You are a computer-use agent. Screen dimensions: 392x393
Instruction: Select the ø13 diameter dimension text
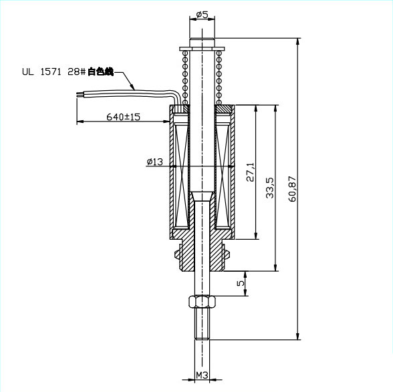[x=154, y=161]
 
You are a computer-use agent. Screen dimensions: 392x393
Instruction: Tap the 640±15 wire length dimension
[x=124, y=117]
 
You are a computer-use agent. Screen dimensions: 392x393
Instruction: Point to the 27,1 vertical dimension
[x=251, y=172]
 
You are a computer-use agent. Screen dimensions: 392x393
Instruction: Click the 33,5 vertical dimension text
[x=269, y=188]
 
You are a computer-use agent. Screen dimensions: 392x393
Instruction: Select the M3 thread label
[x=203, y=376]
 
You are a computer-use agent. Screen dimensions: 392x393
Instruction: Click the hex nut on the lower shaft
[x=201, y=301]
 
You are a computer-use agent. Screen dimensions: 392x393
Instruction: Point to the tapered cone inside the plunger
[x=201, y=198]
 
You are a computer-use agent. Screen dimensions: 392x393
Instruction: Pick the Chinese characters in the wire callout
[x=101, y=71]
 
